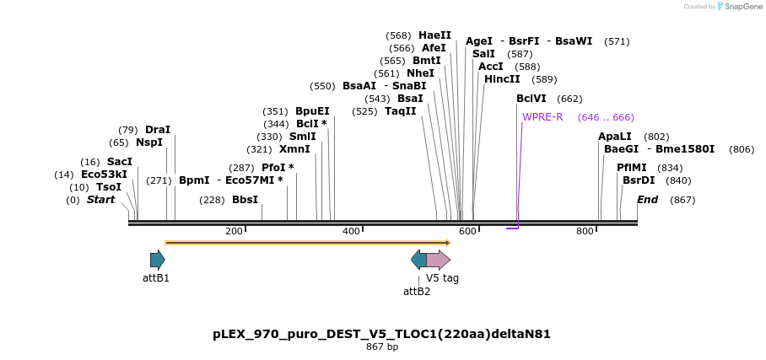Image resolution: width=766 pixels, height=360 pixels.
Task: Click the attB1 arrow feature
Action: click(157, 259)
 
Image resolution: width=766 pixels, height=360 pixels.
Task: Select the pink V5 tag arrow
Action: click(439, 259)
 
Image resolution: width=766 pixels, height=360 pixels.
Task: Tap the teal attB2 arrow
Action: click(418, 259)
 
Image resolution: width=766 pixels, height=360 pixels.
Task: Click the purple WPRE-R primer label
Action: click(542, 117)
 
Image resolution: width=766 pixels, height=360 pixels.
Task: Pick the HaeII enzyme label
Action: click(434, 35)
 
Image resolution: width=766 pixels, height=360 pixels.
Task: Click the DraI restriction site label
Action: click(158, 130)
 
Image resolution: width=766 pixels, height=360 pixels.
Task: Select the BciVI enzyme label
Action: click(531, 99)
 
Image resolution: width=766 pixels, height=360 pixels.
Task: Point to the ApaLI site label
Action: click(614, 137)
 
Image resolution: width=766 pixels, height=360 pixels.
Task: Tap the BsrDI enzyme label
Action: click(639, 180)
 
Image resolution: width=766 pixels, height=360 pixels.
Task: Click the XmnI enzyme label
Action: click(294, 149)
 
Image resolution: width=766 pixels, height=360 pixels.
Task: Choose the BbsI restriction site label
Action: click(245, 200)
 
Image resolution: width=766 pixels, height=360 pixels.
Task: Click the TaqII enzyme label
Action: click(401, 111)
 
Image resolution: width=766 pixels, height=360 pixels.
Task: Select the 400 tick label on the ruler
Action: click(351, 231)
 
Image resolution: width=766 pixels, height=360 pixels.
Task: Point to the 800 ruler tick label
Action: click(585, 231)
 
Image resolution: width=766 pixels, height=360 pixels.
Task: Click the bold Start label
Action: click(100, 200)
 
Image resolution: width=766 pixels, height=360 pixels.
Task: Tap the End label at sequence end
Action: click(648, 200)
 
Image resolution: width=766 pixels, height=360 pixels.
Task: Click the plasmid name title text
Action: click(381, 334)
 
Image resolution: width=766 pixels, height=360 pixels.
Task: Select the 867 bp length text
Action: click(381, 347)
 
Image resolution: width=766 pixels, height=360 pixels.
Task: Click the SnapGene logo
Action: click(739, 7)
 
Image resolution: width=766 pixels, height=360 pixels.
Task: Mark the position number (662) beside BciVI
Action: click(569, 99)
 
